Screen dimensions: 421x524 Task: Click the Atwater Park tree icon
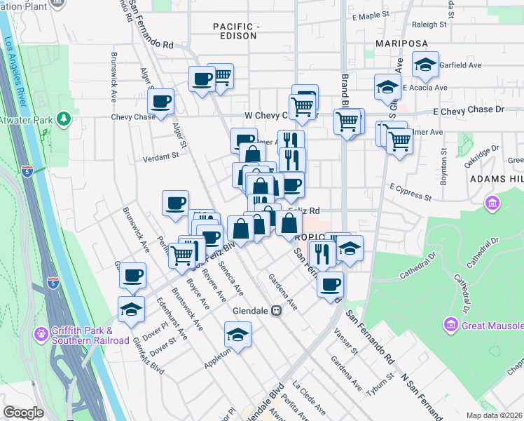[x=64, y=119]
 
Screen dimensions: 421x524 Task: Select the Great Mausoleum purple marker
[x=450, y=325]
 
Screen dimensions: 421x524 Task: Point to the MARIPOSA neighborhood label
[x=401, y=44]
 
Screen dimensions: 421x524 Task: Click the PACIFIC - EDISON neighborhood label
[x=237, y=32]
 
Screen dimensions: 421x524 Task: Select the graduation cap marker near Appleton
[x=238, y=334]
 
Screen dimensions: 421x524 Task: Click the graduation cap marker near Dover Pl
[x=131, y=309]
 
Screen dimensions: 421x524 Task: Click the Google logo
[x=23, y=413]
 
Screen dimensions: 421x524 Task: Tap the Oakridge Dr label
[x=481, y=154]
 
